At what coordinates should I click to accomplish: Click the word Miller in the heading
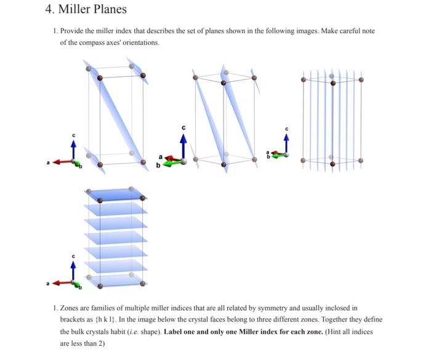(75, 9)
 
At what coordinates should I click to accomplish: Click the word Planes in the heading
(110, 9)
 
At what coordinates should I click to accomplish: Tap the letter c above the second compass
(182, 127)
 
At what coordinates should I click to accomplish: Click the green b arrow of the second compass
(175, 162)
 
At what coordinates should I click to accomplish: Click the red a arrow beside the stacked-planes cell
(62, 283)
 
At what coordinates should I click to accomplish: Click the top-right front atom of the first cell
(143, 76)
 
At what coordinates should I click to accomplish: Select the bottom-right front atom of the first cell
(143, 164)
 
